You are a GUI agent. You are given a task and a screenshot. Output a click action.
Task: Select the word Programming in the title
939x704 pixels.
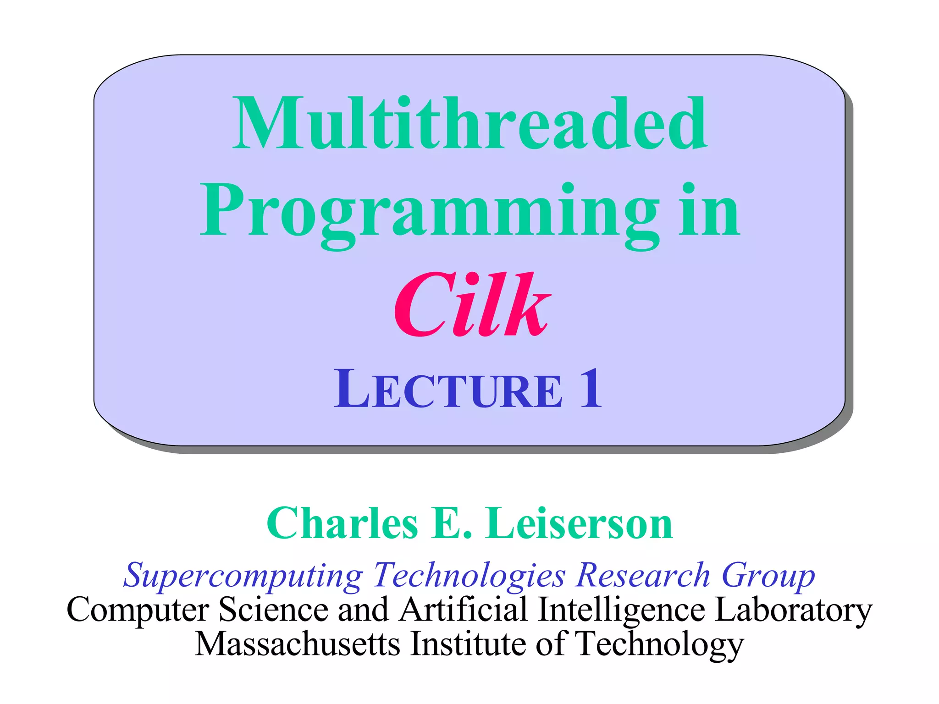(x=429, y=212)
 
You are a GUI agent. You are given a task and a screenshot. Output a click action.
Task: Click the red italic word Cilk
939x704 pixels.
(x=472, y=305)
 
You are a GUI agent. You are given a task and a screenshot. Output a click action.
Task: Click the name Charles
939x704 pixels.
(x=342, y=523)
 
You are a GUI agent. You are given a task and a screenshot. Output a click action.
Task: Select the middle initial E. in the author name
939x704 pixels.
(x=451, y=523)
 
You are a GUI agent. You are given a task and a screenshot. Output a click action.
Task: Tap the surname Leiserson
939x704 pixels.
(x=580, y=523)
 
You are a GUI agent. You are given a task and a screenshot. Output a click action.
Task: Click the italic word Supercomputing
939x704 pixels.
(x=243, y=576)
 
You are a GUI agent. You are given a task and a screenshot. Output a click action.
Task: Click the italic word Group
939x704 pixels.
(x=768, y=576)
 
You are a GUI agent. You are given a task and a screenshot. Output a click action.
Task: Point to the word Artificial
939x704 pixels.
(x=463, y=610)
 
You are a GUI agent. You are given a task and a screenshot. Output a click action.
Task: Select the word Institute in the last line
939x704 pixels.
(x=468, y=644)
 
